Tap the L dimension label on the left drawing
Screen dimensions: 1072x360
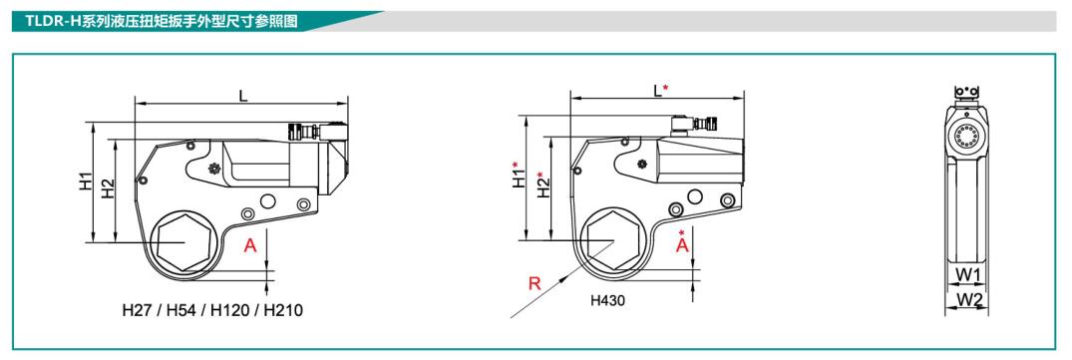click(x=242, y=96)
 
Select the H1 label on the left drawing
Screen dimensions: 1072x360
click(x=85, y=181)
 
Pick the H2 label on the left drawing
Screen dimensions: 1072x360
click(x=108, y=188)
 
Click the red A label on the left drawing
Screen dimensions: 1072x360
click(x=251, y=245)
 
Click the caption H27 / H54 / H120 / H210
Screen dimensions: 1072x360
click(x=212, y=310)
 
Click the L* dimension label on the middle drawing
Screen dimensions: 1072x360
click(x=660, y=90)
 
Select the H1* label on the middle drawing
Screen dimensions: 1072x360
click(x=520, y=174)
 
